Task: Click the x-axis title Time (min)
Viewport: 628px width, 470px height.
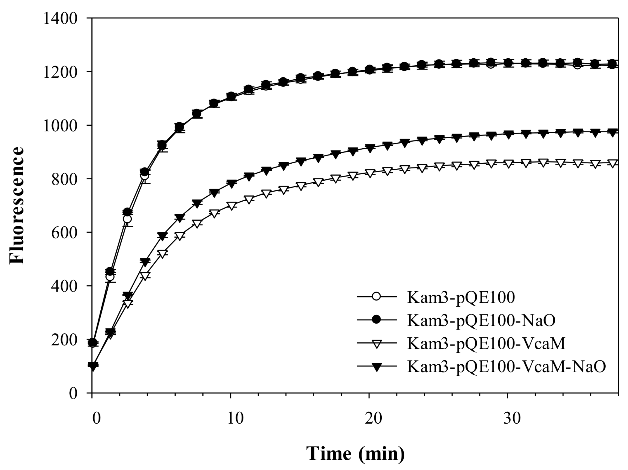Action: [355, 453]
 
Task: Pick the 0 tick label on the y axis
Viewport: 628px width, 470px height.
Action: [73, 393]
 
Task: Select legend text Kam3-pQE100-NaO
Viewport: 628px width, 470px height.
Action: [481, 320]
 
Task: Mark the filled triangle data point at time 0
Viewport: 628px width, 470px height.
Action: [93, 366]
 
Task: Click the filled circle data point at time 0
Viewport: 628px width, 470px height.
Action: [93, 342]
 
